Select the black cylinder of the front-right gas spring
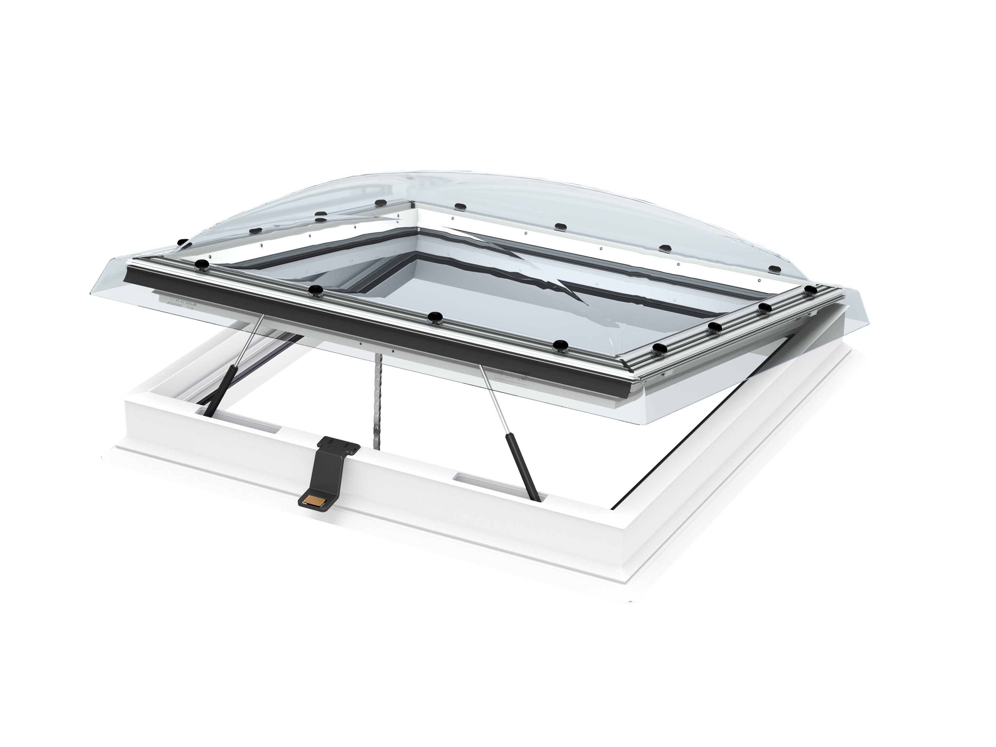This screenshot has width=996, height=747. click(x=521, y=468)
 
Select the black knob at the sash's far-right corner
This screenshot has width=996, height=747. click(x=810, y=289)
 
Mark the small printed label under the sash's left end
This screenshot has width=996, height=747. click(x=180, y=301)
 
